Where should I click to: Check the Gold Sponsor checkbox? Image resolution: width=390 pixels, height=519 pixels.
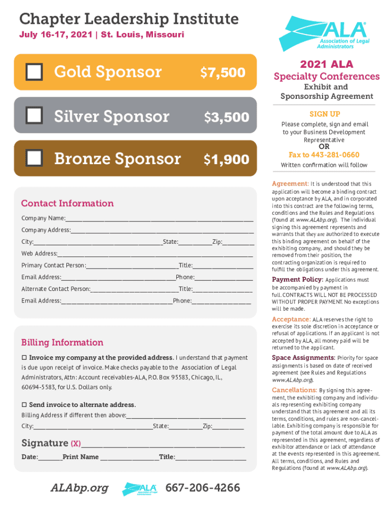(34, 72)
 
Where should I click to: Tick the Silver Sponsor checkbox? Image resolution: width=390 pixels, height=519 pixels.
(34, 117)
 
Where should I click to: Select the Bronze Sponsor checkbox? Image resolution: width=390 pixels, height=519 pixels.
(34, 159)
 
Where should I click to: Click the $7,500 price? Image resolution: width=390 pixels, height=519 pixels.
(223, 72)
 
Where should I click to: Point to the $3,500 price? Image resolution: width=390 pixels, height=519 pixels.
(226, 117)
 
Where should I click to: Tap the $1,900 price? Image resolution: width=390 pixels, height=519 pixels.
(226, 160)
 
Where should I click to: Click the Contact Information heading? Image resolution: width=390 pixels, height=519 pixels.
(67, 203)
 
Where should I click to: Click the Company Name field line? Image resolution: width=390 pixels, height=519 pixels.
(159, 219)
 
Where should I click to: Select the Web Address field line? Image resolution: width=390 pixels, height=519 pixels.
(155, 254)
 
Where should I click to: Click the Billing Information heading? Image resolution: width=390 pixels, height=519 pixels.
(62, 342)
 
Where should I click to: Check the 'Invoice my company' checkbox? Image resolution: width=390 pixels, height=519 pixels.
(24, 358)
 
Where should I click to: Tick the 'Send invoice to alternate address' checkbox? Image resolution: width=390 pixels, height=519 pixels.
(24, 405)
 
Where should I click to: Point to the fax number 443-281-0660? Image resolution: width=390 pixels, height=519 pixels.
(324, 155)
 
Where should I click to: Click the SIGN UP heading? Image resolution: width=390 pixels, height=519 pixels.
(325, 114)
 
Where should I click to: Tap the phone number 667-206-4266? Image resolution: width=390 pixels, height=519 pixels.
(203, 488)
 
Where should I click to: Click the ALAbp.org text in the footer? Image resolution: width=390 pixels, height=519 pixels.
(79, 488)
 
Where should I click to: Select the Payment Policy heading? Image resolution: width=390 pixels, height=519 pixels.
(297, 279)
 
